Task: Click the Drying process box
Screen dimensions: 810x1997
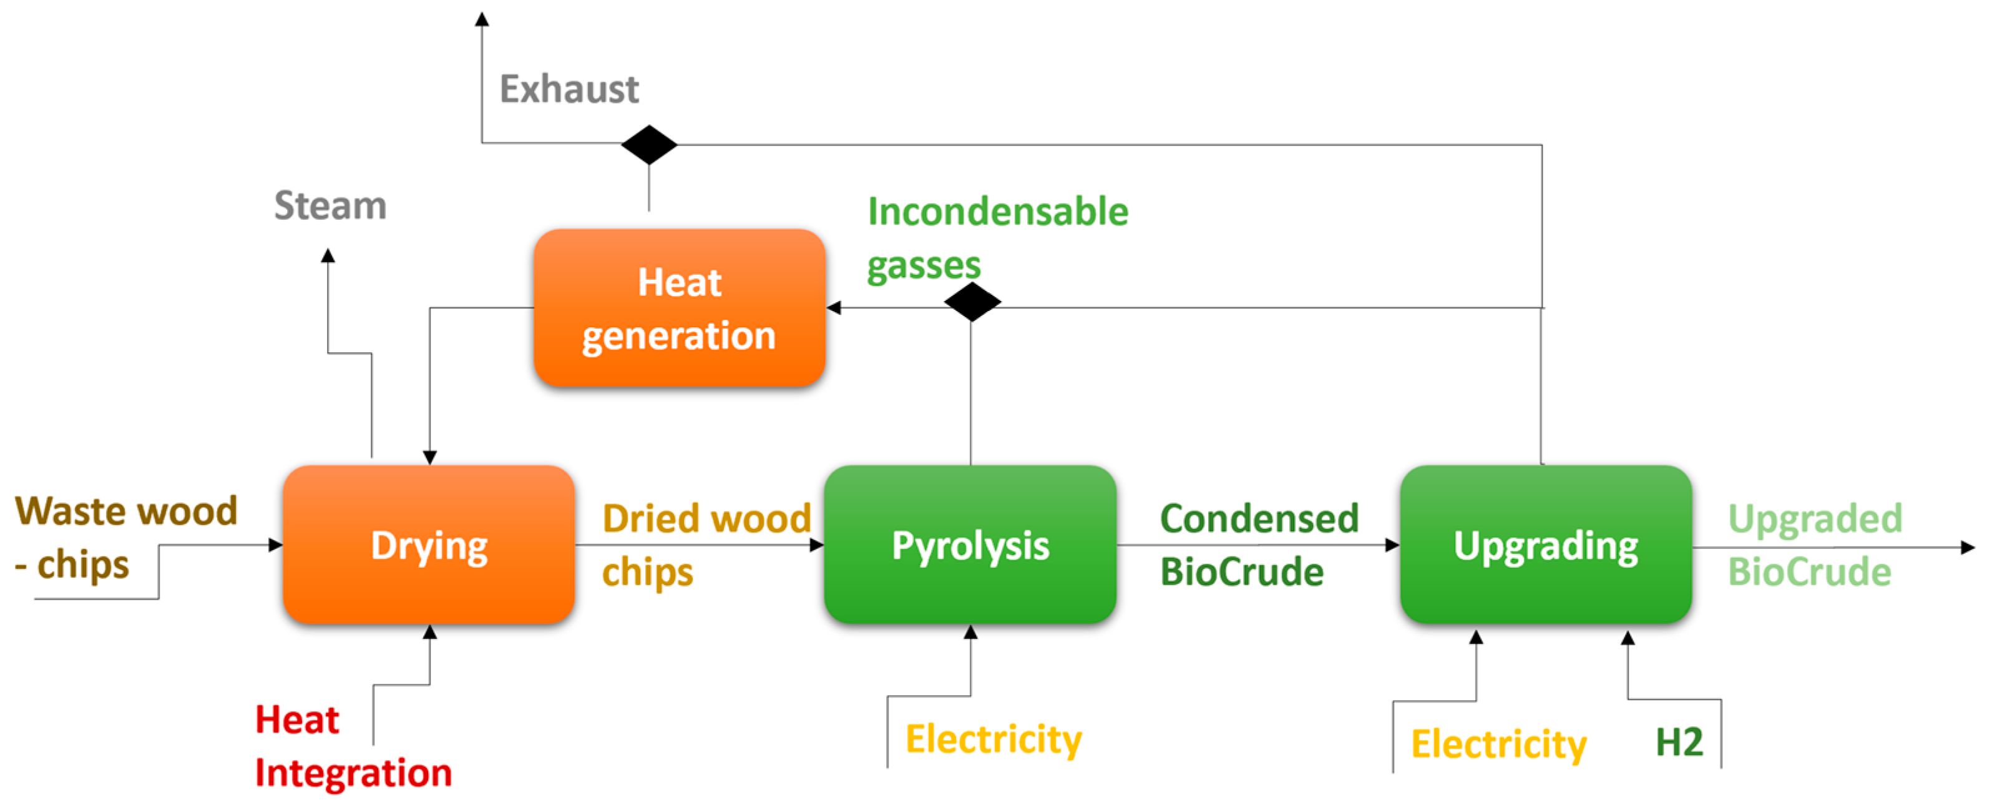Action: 429,545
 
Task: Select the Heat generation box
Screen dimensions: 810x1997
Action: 679,308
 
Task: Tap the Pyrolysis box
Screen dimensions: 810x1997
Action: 970,545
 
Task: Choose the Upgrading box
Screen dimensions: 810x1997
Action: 1546,545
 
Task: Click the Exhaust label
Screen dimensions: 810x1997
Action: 569,89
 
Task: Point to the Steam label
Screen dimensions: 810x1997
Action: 330,205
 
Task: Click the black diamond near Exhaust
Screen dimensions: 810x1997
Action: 649,144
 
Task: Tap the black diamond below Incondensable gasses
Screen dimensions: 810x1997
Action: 972,302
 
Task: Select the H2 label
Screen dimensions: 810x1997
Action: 1679,743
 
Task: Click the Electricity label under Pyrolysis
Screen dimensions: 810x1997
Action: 993,739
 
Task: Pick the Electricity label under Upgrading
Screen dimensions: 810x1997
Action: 1498,744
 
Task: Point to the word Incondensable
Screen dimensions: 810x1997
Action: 998,211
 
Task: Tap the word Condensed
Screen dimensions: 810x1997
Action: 1259,518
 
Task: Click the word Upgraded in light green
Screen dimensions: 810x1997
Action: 1815,518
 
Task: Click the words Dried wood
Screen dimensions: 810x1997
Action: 706,518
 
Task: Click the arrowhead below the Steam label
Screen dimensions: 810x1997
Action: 328,255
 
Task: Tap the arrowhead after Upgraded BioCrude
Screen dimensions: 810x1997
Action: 1968,548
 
